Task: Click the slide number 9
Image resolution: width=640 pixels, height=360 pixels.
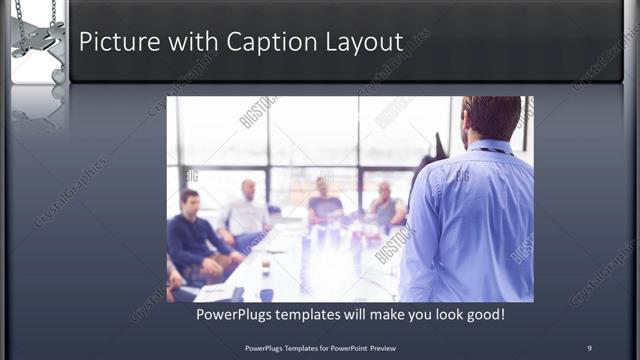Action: click(x=589, y=347)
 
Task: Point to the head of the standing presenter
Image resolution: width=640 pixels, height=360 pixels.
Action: click(x=492, y=118)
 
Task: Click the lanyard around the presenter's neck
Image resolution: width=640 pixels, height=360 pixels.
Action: click(x=492, y=151)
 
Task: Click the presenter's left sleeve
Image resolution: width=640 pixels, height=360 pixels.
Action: click(x=419, y=230)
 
